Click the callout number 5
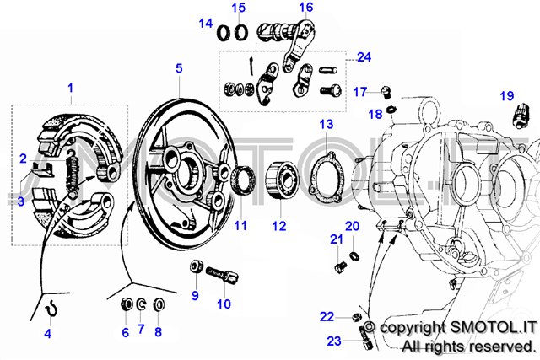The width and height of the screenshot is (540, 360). pos(179,67)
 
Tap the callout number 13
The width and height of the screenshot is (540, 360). pos(327,124)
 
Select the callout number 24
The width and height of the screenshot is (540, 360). pos(364,57)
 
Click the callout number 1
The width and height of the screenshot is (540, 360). pos(71,88)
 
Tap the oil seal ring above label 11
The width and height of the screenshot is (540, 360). pos(246,180)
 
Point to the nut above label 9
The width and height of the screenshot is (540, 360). pos(195,269)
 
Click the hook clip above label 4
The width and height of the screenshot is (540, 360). pos(51,309)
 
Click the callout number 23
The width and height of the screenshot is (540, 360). pos(332,341)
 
